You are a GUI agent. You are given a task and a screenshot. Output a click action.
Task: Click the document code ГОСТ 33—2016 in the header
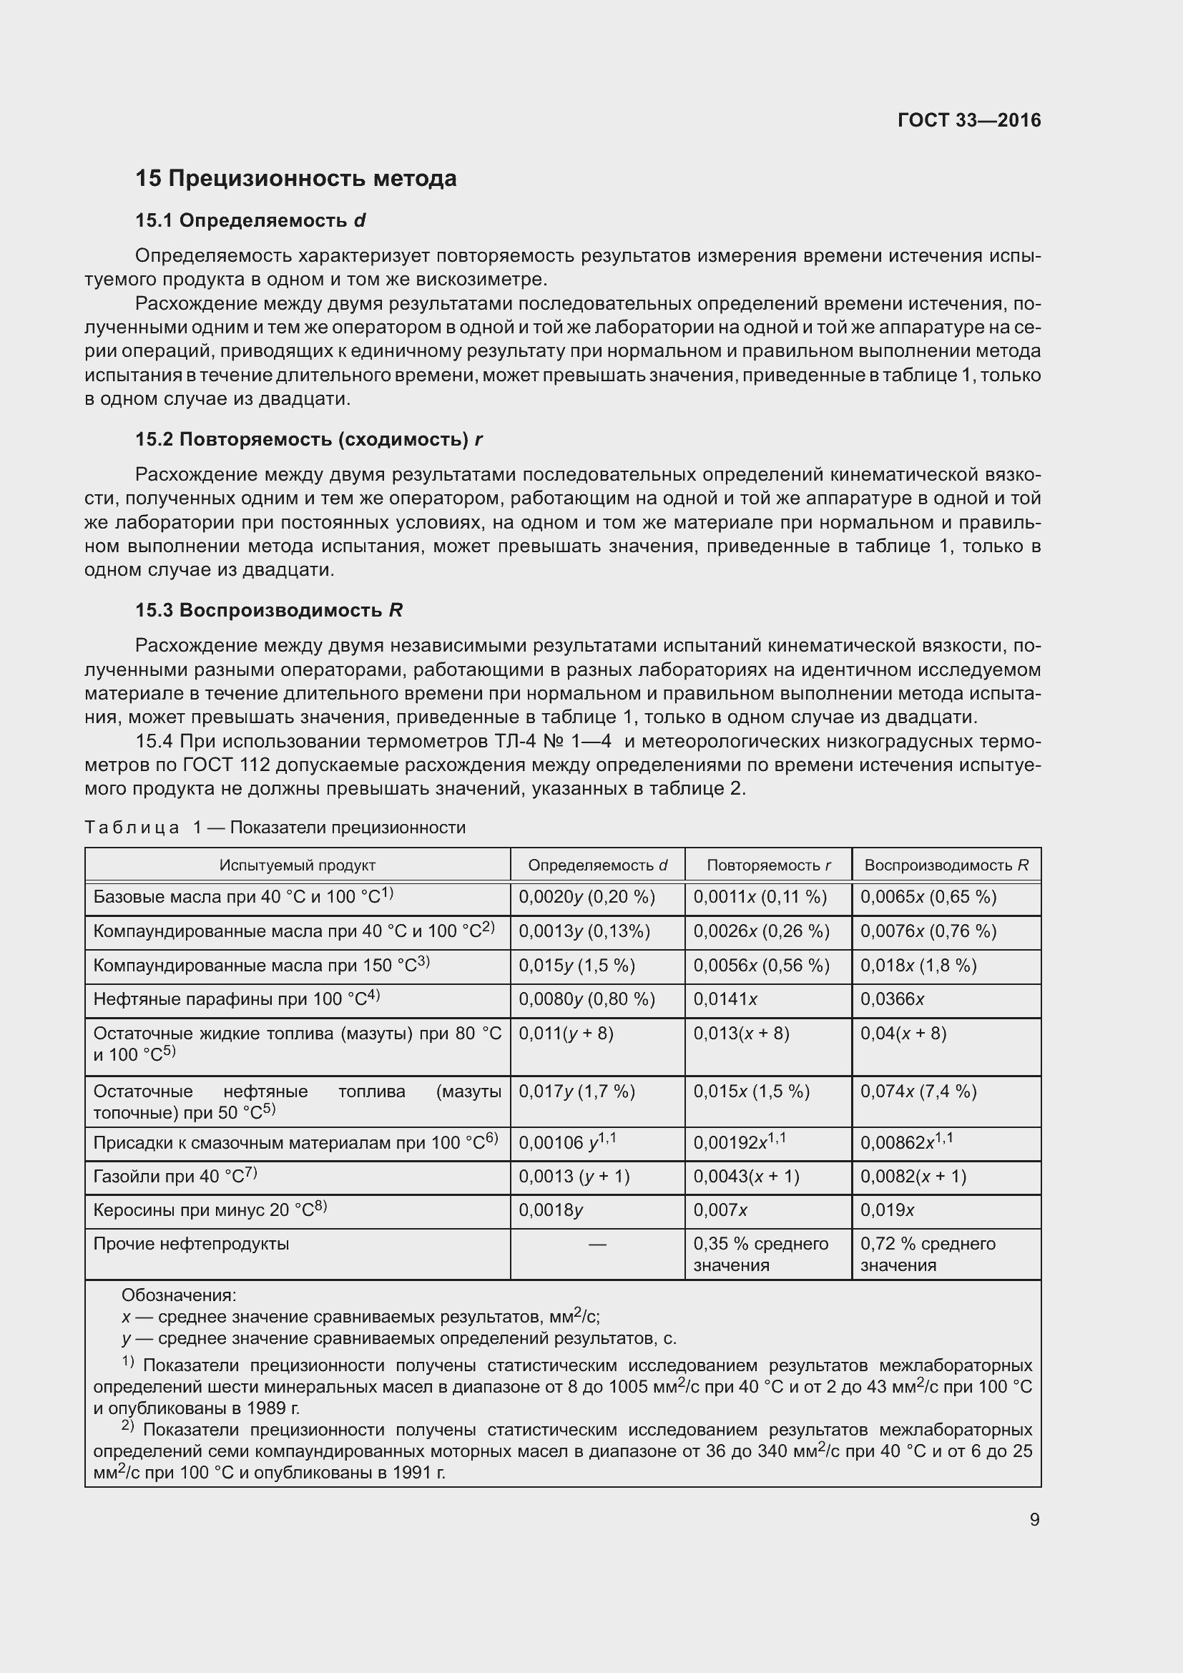pyautogui.click(x=969, y=120)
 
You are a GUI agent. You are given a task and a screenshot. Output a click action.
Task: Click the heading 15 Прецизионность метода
pyautogui.click(x=296, y=179)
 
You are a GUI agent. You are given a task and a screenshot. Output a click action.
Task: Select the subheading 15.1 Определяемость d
pyautogui.click(x=250, y=220)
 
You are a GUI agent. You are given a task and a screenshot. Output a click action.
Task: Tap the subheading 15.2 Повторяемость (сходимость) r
pyautogui.click(x=309, y=438)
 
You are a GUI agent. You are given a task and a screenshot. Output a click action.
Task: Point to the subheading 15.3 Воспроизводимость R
pyautogui.click(x=269, y=610)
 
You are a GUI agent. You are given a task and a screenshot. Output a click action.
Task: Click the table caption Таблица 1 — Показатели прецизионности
pyautogui.click(x=275, y=827)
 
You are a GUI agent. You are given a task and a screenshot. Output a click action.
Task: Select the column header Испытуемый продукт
pyautogui.click(x=298, y=865)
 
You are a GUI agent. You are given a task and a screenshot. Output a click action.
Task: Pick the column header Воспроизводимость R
pyautogui.click(x=946, y=865)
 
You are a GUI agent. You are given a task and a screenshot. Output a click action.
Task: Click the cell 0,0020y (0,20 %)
pyautogui.click(x=586, y=897)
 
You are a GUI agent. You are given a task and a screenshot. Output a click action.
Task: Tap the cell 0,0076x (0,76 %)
pyautogui.click(x=928, y=931)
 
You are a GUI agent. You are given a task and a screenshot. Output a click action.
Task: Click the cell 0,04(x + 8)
pyautogui.click(x=903, y=1034)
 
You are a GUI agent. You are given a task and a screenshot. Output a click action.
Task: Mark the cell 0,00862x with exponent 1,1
pyautogui.click(x=906, y=1142)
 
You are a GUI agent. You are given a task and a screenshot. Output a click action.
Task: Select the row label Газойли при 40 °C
pyautogui.click(x=175, y=1177)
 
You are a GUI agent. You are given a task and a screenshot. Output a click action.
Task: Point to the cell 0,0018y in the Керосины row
pyautogui.click(x=551, y=1210)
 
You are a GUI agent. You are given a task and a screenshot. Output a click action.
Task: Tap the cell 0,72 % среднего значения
pyautogui.click(x=928, y=1254)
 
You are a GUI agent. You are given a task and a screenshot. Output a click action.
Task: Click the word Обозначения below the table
pyautogui.click(x=179, y=1295)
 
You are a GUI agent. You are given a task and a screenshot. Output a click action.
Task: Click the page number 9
pyautogui.click(x=1034, y=1520)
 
